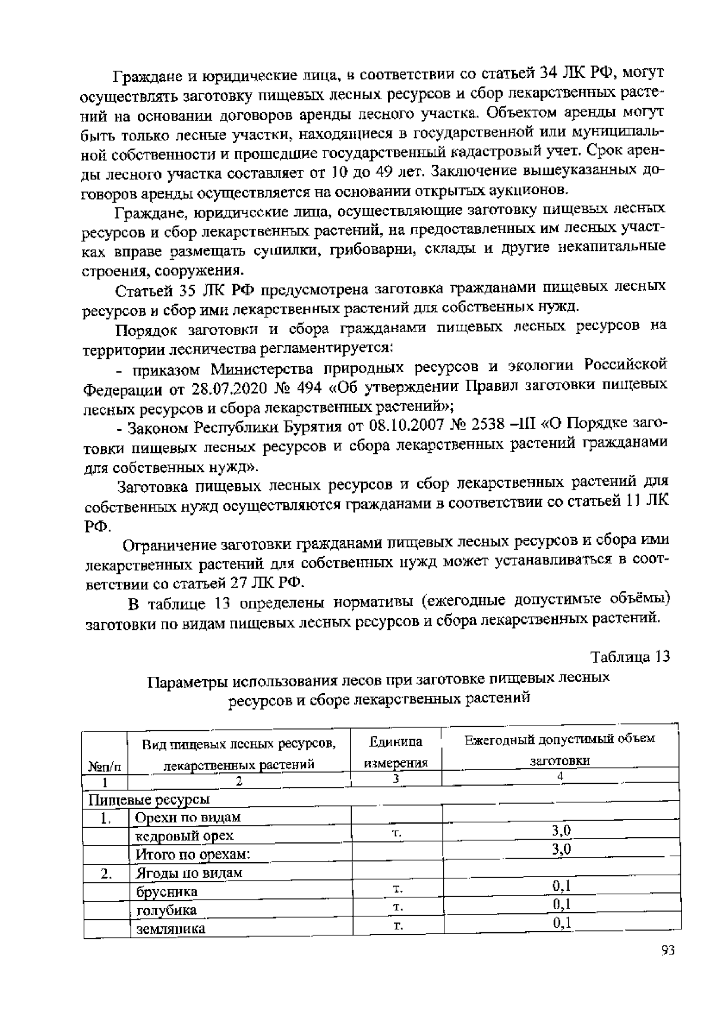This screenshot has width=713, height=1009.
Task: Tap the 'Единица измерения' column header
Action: pos(396,752)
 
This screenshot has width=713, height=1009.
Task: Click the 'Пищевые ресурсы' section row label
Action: pos(149,799)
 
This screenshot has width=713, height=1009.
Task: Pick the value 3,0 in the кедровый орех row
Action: pos(561,831)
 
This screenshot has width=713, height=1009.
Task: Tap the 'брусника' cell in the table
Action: pos(167,892)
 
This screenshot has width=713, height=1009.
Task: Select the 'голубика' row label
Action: pos(166,910)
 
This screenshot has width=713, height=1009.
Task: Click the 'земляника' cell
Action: pos(171,929)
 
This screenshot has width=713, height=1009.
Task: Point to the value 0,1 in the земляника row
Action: pos(561,923)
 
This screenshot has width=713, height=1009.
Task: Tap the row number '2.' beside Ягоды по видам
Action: pos(106,874)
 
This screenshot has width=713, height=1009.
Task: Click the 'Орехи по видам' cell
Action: pos(188,818)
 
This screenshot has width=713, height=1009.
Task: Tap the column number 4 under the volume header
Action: pos(560,776)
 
